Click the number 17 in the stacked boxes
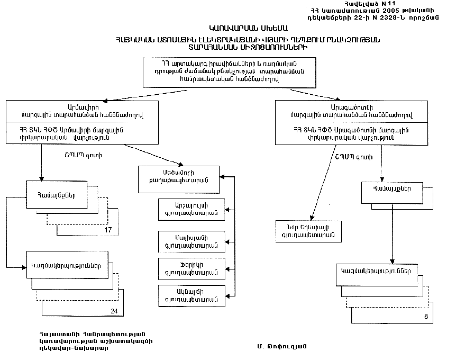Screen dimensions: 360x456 coord(108,230)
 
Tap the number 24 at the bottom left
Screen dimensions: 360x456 coord(114,311)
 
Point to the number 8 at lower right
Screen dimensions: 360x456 coord(426,317)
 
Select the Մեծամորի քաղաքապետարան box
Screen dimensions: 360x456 coord(179,176)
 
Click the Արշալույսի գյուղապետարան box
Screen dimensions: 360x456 coord(191,210)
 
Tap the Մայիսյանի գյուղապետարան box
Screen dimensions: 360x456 coord(191,241)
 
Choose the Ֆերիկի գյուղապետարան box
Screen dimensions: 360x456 coord(191,268)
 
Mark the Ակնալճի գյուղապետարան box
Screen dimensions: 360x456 coord(191,295)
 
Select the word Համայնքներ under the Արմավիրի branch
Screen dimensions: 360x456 coord(54,194)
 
